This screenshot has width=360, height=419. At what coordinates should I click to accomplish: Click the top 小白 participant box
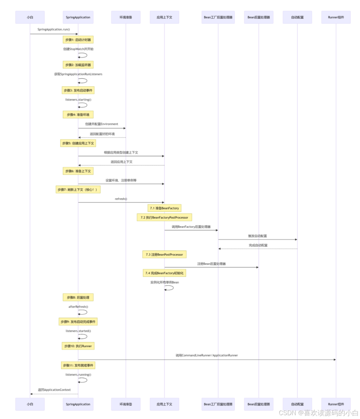30,17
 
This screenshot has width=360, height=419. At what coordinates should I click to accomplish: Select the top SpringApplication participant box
78,17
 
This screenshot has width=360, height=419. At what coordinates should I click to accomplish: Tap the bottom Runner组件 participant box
336,404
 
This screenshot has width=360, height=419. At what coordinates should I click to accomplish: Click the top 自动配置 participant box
297,17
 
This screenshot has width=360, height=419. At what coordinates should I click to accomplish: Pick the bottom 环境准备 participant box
126,404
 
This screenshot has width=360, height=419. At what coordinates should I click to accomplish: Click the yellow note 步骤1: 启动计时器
78,40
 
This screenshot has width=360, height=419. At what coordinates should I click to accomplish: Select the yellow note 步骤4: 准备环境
78,115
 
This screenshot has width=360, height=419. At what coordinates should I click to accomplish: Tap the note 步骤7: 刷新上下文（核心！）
78,190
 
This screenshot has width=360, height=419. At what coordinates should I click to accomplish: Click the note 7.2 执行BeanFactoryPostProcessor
164,218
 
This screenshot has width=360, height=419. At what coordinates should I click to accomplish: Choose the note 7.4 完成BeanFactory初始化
164,273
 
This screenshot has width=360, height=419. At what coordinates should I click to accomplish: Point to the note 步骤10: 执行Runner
78,346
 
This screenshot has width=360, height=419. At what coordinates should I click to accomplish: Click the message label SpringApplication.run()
54,29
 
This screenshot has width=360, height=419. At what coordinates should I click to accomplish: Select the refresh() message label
121,199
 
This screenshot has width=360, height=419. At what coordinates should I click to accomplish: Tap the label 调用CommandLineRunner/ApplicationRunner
207,355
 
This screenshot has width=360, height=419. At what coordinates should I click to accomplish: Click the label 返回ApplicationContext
54,390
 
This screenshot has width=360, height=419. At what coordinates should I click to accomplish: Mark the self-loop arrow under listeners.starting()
83,105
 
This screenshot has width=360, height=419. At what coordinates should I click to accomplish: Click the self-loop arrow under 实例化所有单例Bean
169,288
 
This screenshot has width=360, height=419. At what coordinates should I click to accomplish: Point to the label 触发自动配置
257,236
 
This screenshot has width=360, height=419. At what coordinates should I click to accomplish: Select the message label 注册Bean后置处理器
211,264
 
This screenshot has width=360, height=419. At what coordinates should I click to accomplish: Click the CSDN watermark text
318,413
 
